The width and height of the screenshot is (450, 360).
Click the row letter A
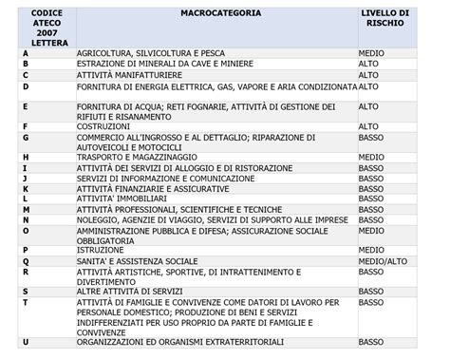click(x=26, y=53)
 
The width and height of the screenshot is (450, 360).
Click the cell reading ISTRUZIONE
click(x=101, y=249)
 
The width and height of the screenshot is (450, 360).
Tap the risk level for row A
click(x=371, y=53)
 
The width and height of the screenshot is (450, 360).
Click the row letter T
click(x=26, y=301)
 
